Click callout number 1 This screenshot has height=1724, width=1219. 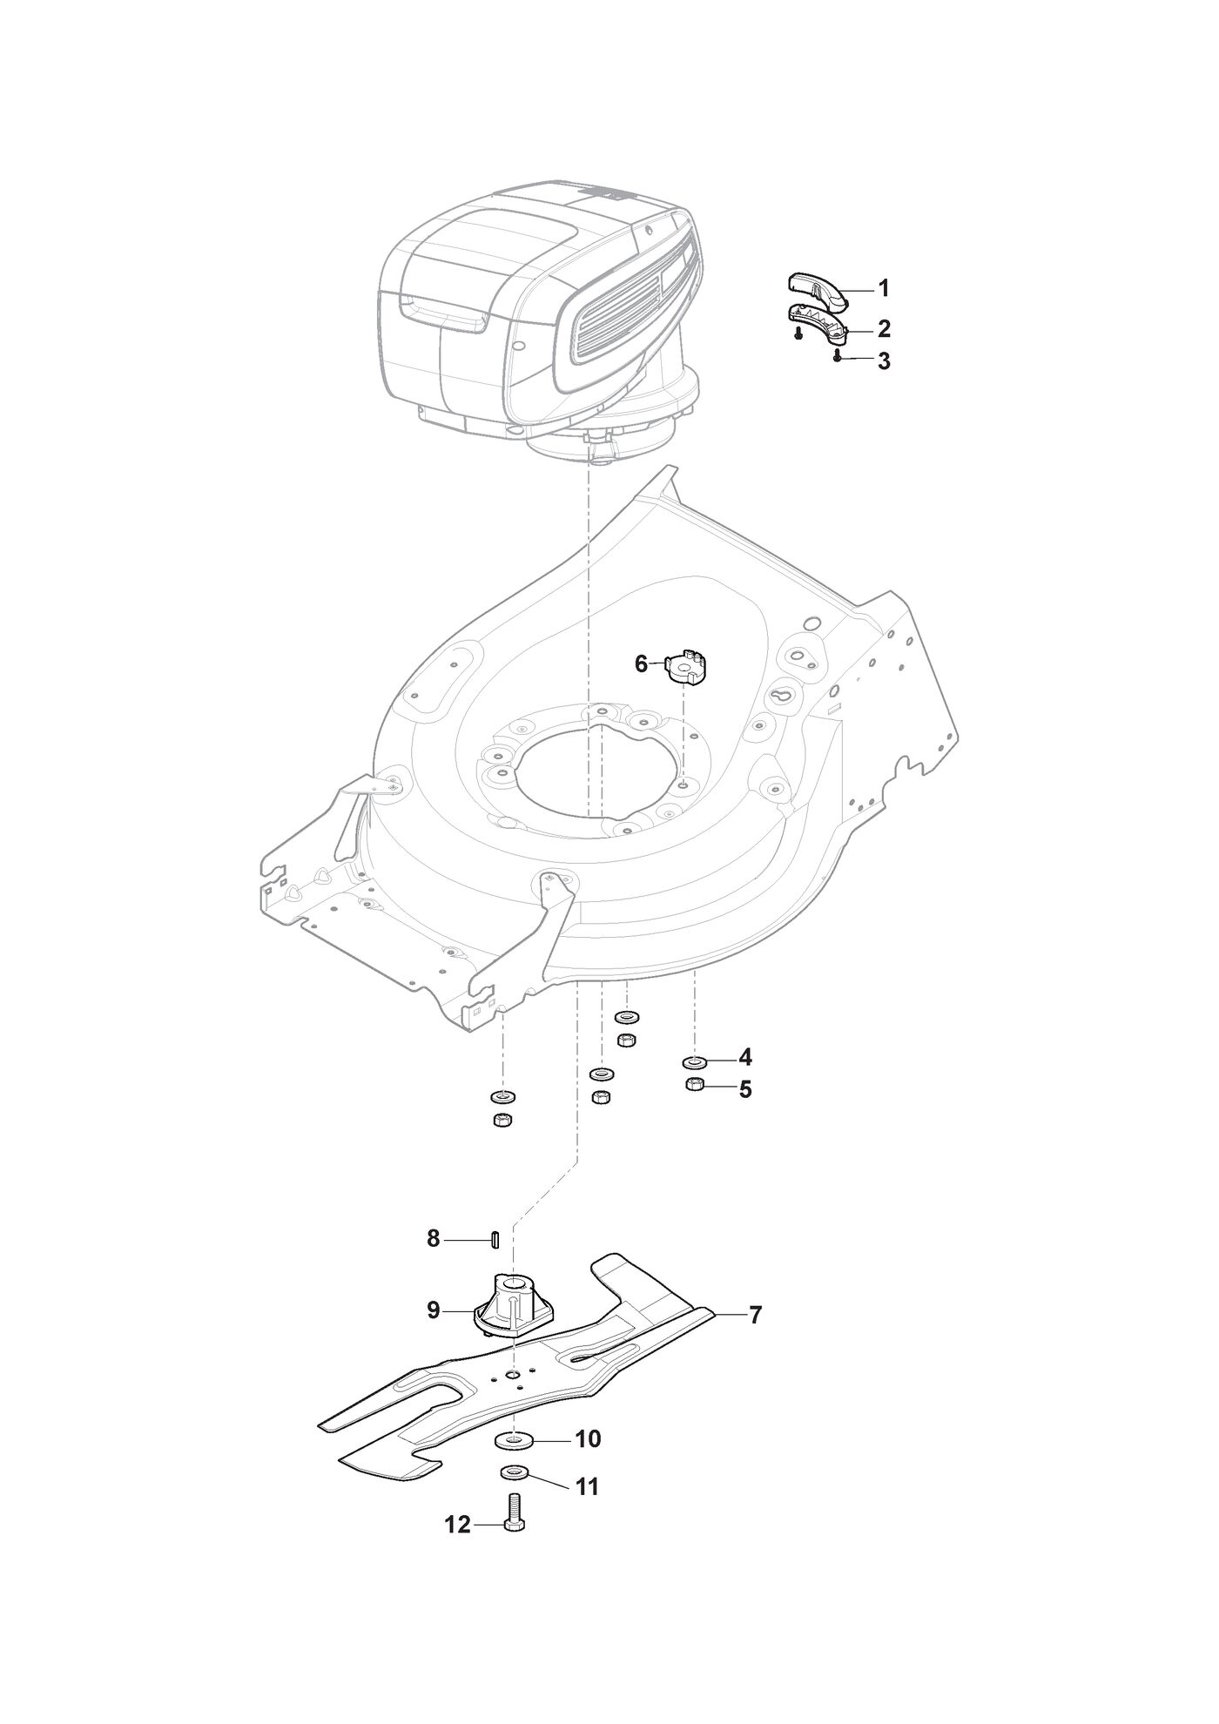click(883, 288)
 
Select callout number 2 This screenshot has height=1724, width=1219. click(884, 328)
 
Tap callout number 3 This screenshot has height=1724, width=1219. click(884, 360)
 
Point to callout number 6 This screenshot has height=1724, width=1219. click(642, 664)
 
